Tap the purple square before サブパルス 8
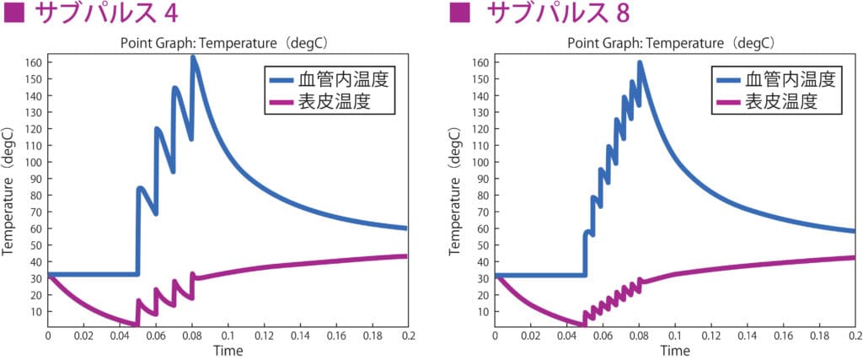pyautogui.click(x=459, y=15)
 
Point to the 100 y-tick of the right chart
pyautogui.click(x=477, y=162)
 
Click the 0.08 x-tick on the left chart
pyautogui.click(x=192, y=336)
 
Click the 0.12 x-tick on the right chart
pyautogui.click(x=710, y=336)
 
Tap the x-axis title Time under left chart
pyautogui.click(x=228, y=350)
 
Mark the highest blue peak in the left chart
pyautogui.click(x=193, y=57)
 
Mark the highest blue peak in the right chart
pyautogui.click(x=640, y=62)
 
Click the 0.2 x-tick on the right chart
pyautogui.click(x=853, y=336)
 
